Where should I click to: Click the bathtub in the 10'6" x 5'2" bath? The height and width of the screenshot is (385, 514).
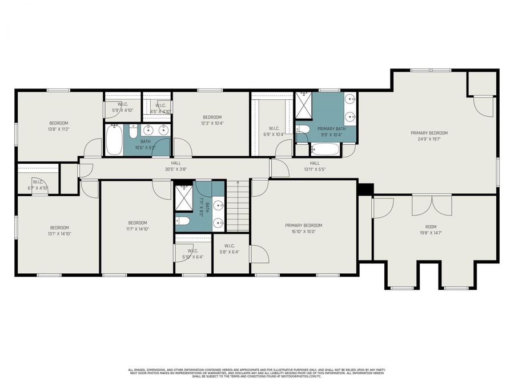coord(114,140)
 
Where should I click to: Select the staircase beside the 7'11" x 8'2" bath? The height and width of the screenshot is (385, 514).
coord(238,206)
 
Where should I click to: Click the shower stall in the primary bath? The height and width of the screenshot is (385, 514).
coord(303,104)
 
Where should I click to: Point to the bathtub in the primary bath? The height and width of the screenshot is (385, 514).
coord(324,150)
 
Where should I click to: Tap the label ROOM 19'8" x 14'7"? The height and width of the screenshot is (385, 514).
coord(431,230)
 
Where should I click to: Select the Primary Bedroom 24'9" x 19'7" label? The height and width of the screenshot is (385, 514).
coord(429,136)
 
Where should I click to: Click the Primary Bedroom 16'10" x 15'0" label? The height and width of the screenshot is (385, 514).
coord(304,228)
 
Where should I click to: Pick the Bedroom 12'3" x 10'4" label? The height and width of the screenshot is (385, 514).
coord(212,120)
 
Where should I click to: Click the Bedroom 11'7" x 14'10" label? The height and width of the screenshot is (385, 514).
coord(138,226)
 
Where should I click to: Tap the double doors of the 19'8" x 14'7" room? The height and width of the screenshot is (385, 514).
coord(432,205)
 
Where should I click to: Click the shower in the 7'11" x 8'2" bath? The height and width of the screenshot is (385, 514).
coord(184,197)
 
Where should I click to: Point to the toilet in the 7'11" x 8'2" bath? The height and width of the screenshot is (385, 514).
coord(183,221)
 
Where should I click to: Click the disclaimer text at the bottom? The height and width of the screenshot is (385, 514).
coord(257,373)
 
